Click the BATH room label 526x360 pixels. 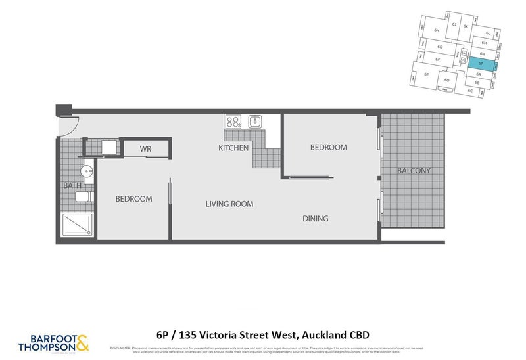pos(72,185)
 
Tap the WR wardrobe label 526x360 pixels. pos(145,149)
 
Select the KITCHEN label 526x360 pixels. pos(233,148)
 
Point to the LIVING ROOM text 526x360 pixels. pos(229,204)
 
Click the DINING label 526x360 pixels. pos(316,218)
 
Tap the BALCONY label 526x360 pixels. pos(414,171)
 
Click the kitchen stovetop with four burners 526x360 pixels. pos(233,121)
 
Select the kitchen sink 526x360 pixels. pos(255,121)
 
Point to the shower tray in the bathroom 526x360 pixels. pos(78,225)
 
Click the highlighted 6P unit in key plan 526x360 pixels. pos(481,63)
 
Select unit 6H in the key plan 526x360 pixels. pos(436,30)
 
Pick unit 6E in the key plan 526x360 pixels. pos(427,74)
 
